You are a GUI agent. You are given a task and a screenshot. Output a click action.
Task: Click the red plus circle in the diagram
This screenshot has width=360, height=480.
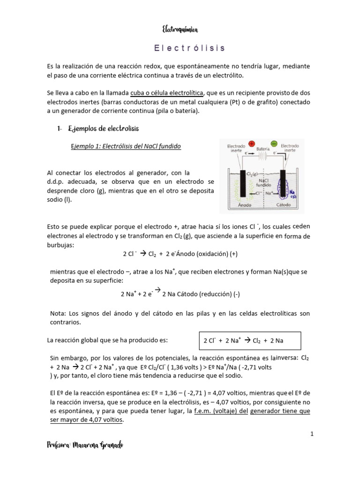[x=252, y=144]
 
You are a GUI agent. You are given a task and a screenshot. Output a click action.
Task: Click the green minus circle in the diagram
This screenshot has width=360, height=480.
[x=274, y=144]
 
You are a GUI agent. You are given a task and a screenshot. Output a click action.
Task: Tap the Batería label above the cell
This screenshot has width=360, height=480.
[x=262, y=148]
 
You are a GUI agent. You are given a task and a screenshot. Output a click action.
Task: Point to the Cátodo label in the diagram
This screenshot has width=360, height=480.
[x=283, y=205]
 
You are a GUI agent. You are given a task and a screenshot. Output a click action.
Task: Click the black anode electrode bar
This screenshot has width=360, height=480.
[x=243, y=183]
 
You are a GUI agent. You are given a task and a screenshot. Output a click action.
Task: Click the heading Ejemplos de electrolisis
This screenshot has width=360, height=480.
[x=104, y=128]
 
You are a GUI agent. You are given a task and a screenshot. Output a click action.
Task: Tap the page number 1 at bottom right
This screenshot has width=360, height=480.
[x=311, y=434]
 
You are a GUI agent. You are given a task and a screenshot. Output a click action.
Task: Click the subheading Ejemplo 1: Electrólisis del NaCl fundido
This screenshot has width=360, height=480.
[x=125, y=146]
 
